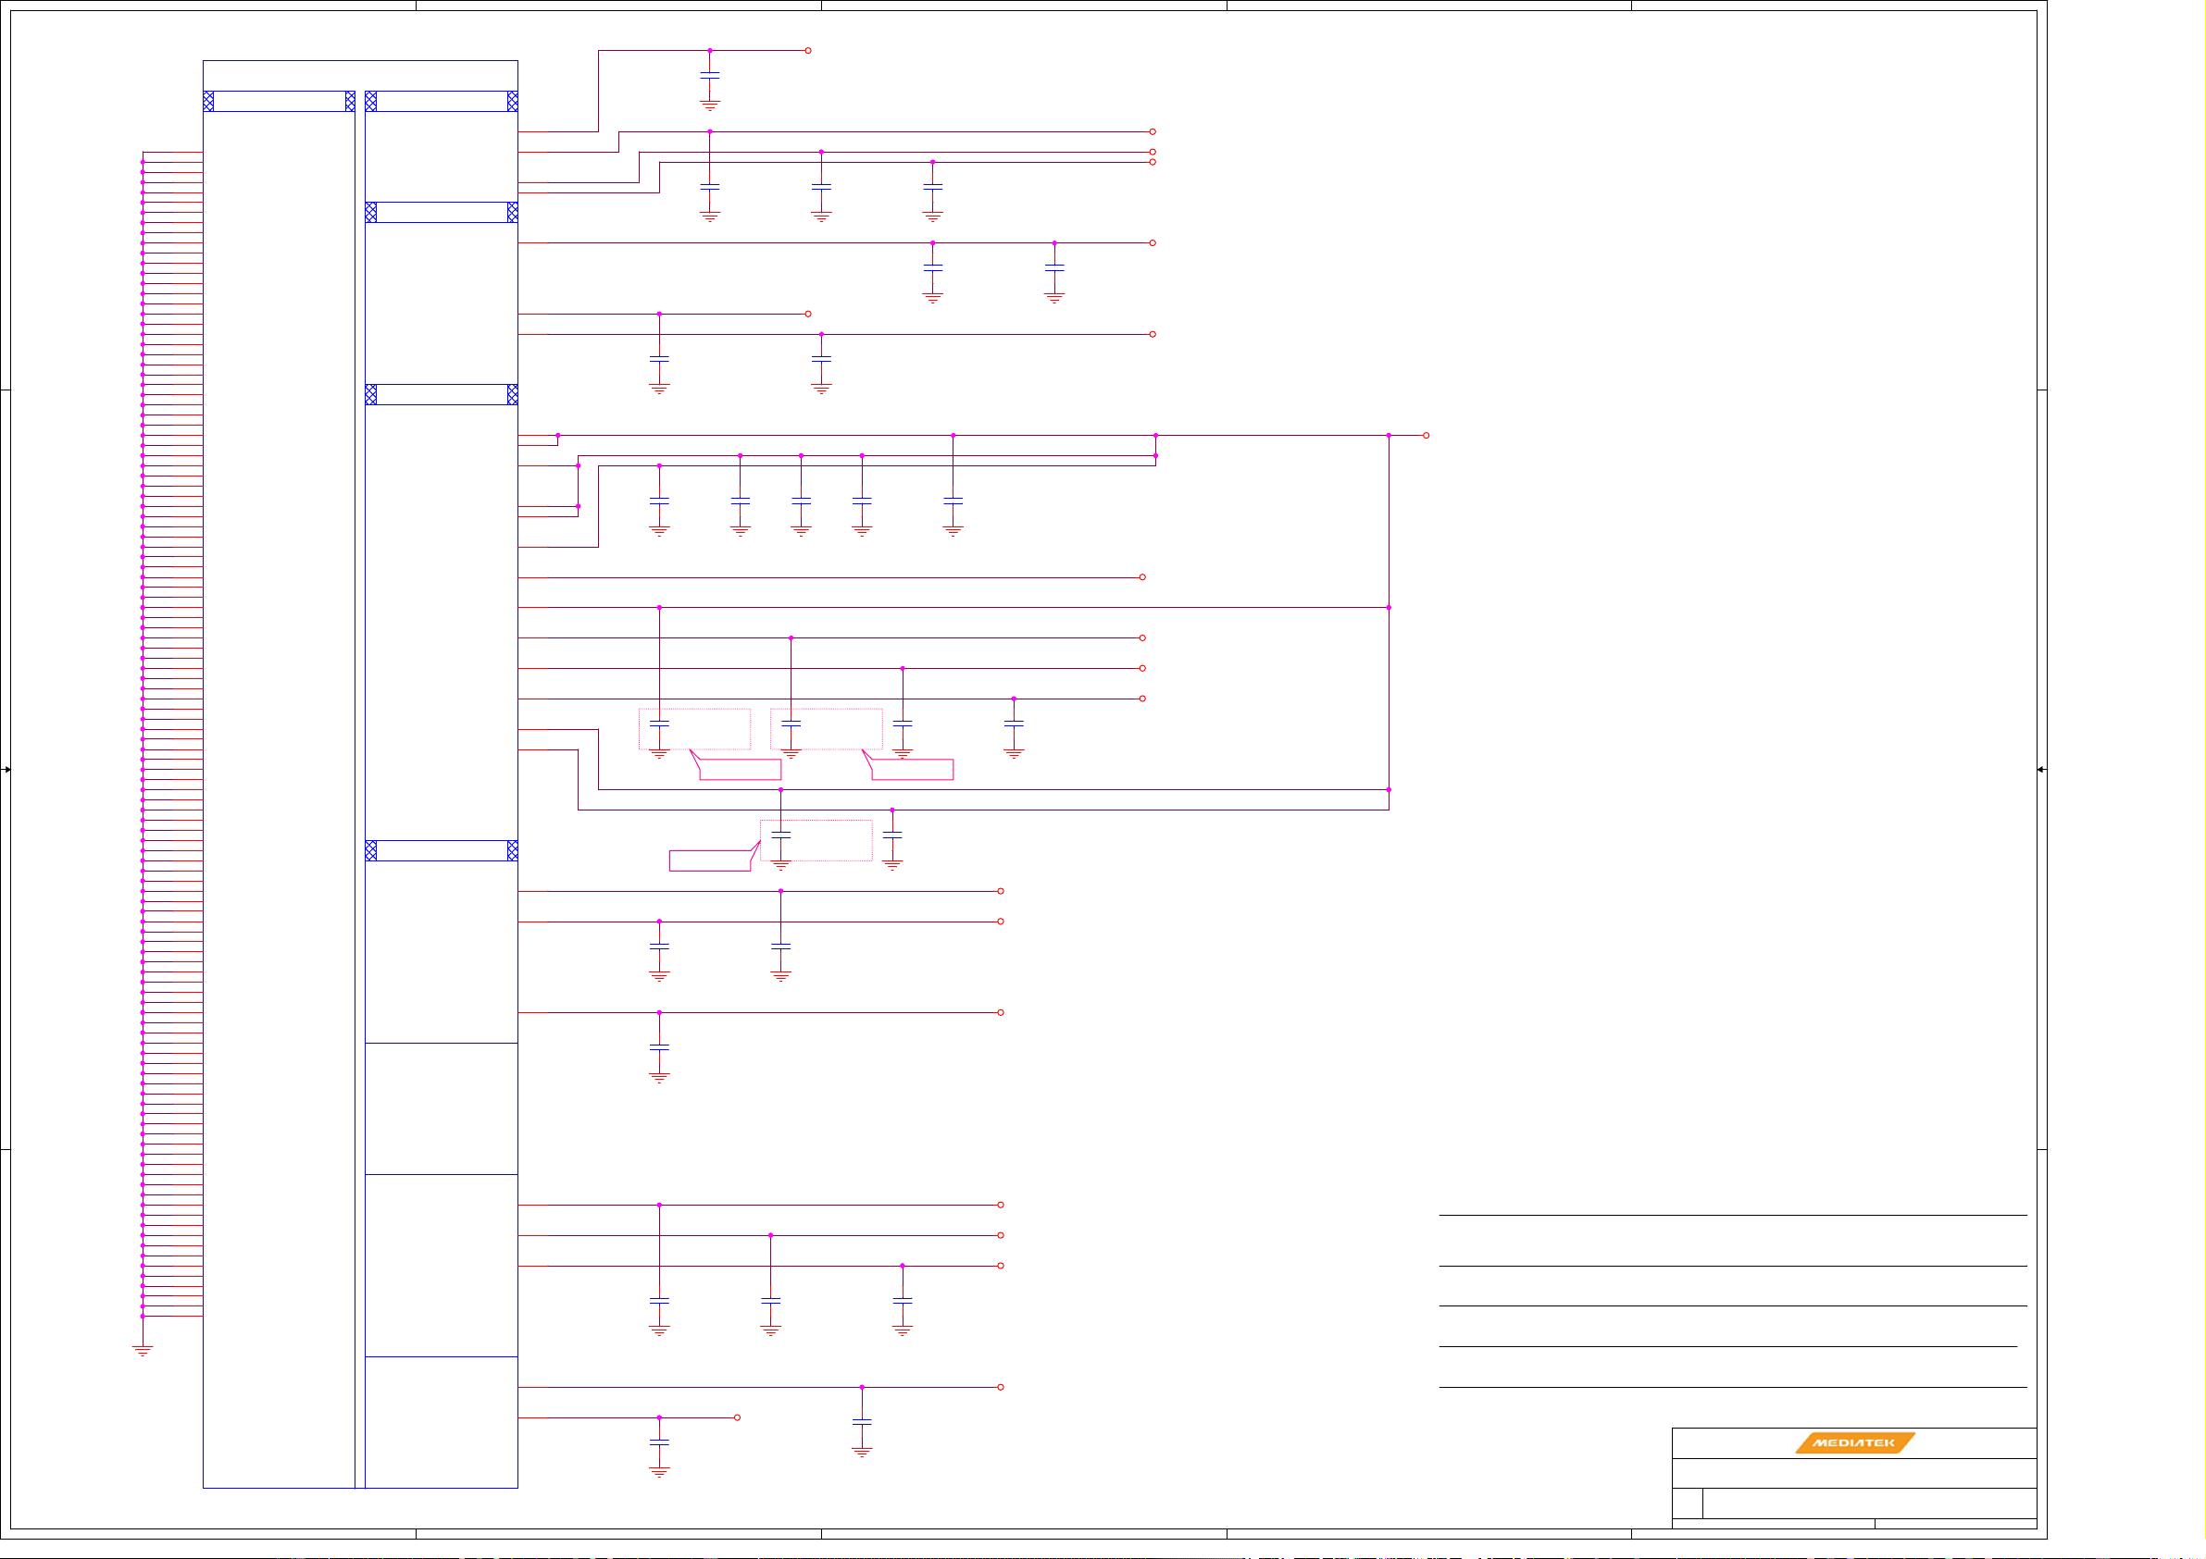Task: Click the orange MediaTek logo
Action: point(1854,1441)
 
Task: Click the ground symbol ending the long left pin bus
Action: point(143,1351)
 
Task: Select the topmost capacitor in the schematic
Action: point(710,74)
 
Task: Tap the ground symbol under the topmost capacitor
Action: point(710,105)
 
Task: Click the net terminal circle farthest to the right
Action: point(1426,435)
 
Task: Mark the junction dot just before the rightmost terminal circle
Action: point(1389,435)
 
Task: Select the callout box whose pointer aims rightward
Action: point(709,860)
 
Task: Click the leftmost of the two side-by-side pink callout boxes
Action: point(739,770)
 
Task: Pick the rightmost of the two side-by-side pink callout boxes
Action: point(912,770)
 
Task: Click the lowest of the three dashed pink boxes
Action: point(816,839)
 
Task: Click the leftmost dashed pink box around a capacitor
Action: point(694,728)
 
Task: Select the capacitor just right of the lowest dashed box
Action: point(891,835)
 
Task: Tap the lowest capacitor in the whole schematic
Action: point(659,1441)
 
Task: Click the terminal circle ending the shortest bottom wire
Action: point(737,1417)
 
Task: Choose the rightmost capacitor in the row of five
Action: point(953,501)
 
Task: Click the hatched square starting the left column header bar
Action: point(208,101)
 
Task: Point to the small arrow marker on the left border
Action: point(6,770)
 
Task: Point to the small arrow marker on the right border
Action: point(2040,770)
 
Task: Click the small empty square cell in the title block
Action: point(1688,1503)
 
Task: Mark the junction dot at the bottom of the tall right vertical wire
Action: point(1389,789)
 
